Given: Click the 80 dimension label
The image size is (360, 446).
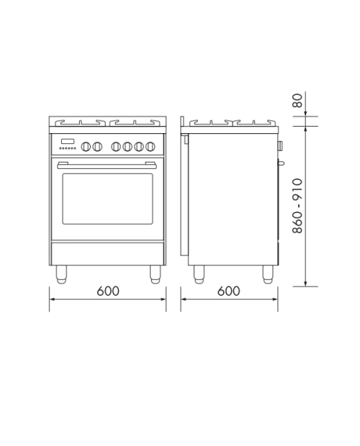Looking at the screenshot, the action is (297, 101).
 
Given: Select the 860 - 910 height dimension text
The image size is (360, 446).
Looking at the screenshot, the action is (297, 206).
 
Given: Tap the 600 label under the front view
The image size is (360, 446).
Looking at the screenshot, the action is (108, 291).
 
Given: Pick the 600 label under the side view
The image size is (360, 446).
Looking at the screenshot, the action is (229, 291).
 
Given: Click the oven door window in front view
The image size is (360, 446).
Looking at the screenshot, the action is (107, 199).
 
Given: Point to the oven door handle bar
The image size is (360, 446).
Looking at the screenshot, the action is (107, 166).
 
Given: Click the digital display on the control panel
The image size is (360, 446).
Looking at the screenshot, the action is (68, 141).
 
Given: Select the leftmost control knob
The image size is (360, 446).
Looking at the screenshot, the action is (86, 147).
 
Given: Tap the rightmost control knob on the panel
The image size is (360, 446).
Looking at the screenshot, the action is (150, 147).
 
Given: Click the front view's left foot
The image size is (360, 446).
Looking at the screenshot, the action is (61, 275).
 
